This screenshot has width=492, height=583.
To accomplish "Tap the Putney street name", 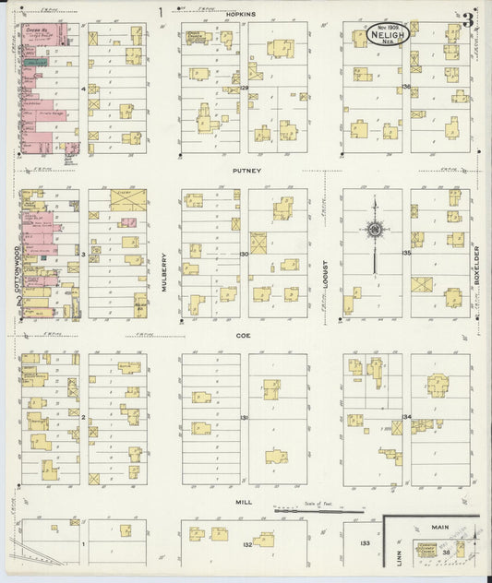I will (x=245, y=171).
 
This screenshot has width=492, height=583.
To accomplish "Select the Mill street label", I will (x=245, y=504).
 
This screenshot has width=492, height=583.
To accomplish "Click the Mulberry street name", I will (x=165, y=272).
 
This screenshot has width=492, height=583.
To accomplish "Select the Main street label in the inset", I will (x=439, y=527).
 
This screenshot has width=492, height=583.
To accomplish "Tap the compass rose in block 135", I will (x=375, y=230).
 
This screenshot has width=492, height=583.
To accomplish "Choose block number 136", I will (x=406, y=87).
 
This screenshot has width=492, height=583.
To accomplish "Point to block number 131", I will (x=245, y=418).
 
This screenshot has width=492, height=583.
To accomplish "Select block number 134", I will (x=406, y=417).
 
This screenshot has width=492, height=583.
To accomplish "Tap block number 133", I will (x=366, y=543).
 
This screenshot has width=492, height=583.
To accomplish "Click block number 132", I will (x=246, y=545).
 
